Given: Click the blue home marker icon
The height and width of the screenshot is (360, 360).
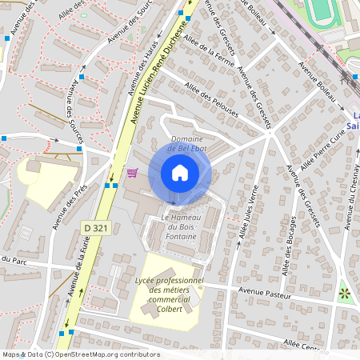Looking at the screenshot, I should (180, 173).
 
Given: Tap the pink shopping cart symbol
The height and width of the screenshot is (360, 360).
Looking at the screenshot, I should (132, 173).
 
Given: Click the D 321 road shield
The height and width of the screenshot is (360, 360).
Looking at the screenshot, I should (95, 229).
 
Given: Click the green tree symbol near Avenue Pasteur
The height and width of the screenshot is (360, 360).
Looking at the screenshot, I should (345, 293).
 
